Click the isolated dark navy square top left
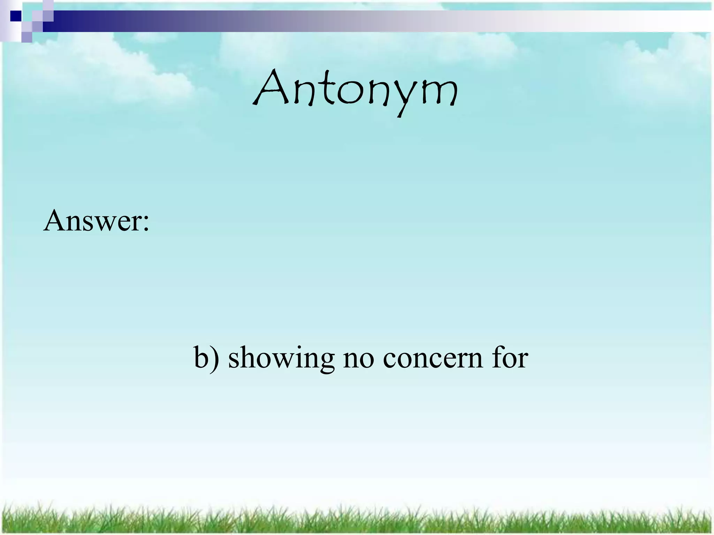pyautogui.click(x=15, y=16)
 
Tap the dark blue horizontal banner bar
pyautogui.click(x=174, y=21)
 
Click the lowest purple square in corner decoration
pyautogui.click(x=26, y=37)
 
